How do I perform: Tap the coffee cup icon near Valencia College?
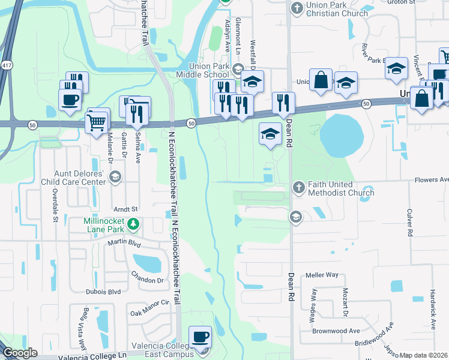(200, 338)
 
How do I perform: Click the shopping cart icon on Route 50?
(97, 123)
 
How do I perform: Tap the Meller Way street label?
(322, 275)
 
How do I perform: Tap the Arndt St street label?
(126, 209)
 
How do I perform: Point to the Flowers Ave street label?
(432, 179)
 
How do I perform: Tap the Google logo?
(20, 353)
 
